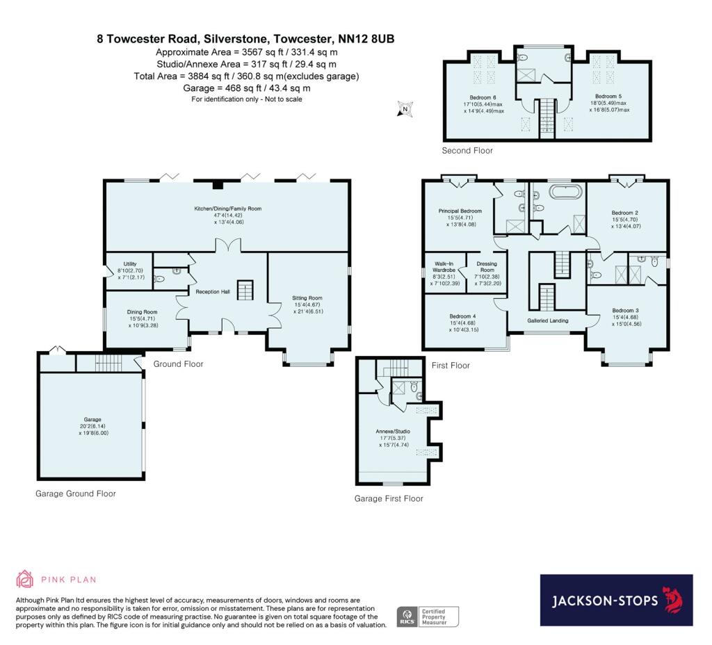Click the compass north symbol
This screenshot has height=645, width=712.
405,109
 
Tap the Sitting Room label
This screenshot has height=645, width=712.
307,298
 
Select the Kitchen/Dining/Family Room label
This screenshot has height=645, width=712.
228,209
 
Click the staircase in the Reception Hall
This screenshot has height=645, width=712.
245,291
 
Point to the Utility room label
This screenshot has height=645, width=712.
130,263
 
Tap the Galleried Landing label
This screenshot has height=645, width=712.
548,320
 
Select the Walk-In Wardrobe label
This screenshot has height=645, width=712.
444,267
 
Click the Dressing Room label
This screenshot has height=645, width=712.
487,267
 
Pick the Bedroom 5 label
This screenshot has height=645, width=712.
608,96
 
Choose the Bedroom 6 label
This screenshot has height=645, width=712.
483,97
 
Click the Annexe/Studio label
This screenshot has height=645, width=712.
394,432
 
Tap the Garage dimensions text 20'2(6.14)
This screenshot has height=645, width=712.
92,426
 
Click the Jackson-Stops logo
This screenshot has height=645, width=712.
616,600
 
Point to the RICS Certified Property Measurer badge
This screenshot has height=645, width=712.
428,617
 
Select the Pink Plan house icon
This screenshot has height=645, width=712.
24,579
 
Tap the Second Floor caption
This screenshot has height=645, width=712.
467,151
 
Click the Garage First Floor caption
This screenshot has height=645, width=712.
389,499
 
